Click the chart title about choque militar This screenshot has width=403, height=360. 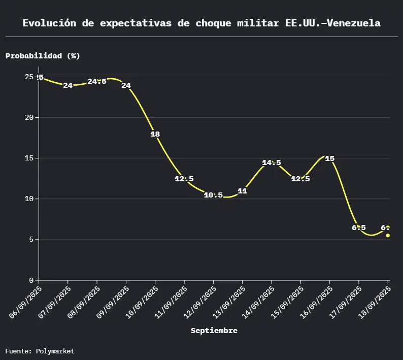pos(201,23)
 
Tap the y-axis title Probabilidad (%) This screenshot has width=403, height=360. pos(43,56)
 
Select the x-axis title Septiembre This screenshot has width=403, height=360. pos(214,331)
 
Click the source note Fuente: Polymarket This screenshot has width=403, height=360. pos(40,351)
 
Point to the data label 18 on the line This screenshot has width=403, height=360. pos(155,135)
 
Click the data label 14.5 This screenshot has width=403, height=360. pos(272,163)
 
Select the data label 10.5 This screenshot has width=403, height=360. pos(213,195)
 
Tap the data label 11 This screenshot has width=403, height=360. pos(242,191)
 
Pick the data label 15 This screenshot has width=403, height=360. pos(329,159)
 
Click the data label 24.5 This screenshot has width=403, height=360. pos(97,82)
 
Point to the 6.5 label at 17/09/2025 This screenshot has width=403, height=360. pos(358,227)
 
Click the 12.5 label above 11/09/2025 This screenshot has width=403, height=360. pos(184,179)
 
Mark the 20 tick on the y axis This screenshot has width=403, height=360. pos(29,117)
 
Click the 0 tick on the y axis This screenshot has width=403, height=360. pos(31,280)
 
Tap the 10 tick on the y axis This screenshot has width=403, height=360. pos(29,199)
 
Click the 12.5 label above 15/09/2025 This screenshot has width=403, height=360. pos(300,179)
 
